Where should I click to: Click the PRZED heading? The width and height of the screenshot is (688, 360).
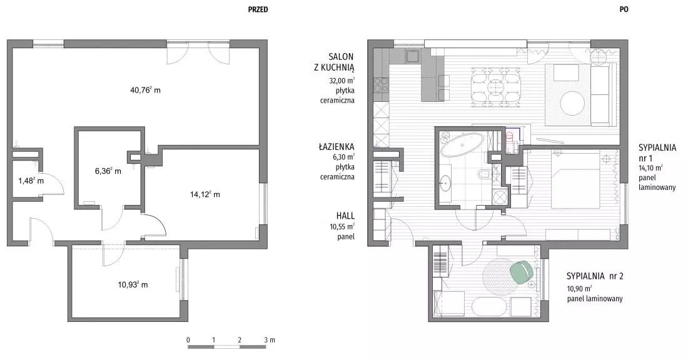tap(258, 9)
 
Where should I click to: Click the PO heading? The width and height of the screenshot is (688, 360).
tap(624, 9)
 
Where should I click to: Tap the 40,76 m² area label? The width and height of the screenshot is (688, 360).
tap(145, 90)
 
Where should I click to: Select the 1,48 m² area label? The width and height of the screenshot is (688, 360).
tap(31, 180)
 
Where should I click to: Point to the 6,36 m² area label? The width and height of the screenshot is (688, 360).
tap(108, 171)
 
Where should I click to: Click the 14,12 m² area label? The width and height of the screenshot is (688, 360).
tap(205, 194)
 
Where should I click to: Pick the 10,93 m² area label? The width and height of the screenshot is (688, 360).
tap(133, 284)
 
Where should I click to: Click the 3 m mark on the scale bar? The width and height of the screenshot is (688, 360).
tap(270, 340)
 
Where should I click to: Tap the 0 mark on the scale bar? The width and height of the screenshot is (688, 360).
tap(188, 340)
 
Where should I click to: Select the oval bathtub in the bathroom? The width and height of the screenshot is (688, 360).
tap(462, 146)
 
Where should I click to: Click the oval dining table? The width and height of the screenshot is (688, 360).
tap(496, 86)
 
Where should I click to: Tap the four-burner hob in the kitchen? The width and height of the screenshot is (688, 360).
tap(381, 86)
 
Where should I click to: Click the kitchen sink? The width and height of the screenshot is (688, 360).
tap(413, 57)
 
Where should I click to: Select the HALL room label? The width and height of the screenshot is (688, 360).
tap(345, 216)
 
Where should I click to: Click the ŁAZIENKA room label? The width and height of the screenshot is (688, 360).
tap(336, 147)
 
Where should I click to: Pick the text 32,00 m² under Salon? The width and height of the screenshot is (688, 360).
tap(341, 81)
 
